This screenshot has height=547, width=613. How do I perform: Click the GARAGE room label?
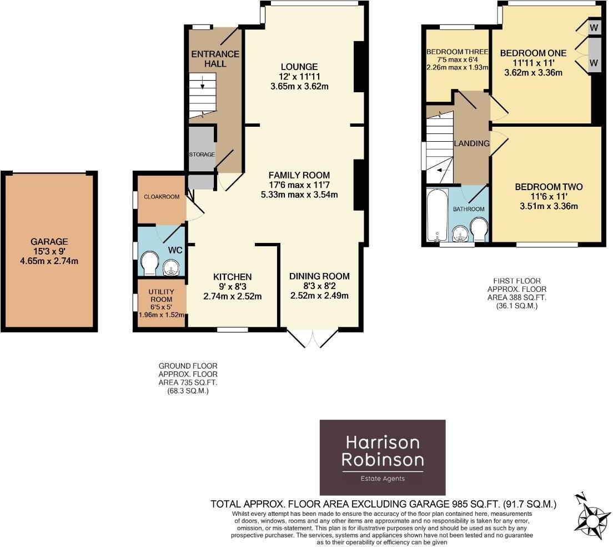[49, 242]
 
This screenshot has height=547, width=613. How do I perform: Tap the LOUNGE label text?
[299, 67]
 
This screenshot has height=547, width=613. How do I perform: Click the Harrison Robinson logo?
[383, 450]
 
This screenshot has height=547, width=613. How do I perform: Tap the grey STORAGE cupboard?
[201, 154]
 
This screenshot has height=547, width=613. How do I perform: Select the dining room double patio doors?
[313, 337]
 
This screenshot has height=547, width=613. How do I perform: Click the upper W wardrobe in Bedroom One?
[594, 27]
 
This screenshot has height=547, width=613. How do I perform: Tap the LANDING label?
[471, 143]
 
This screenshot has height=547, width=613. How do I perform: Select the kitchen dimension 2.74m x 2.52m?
[233, 296]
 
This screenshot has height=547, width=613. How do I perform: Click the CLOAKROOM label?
[162, 197]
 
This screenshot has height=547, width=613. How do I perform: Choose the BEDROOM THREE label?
[456, 52]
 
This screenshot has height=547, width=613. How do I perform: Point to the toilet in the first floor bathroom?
[478, 230]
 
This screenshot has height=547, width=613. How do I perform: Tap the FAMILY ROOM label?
[299, 175]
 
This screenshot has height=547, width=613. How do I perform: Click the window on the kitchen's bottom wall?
[232, 329]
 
